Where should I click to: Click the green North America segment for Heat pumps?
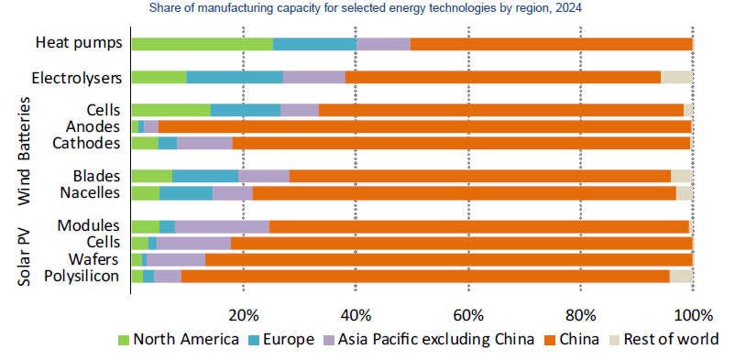(203, 44)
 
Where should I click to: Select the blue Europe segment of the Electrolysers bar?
(235, 77)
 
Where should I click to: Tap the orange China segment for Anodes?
(424, 126)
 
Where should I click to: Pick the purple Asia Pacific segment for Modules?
(222, 227)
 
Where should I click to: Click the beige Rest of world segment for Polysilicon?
(681, 277)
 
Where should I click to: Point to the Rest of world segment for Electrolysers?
(676, 77)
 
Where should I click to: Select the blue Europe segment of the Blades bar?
(205, 176)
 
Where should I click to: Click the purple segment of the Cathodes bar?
(204, 143)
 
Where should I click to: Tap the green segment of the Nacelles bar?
(146, 193)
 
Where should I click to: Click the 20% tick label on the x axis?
(243, 315)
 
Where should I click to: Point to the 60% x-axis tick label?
(468, 315)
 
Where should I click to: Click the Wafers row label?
(93, 259)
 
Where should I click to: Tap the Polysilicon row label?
(82, 277)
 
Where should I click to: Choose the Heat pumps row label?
(79, 43)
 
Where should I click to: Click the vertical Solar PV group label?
(24, 257)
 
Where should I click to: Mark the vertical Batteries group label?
(24, 128)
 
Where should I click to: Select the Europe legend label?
(289, 340)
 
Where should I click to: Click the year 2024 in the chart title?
(570, 8)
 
